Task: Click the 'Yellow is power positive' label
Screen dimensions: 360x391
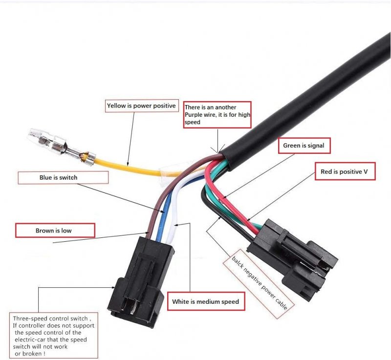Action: tap(141, 106)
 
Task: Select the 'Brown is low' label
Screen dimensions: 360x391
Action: tap(55, 230)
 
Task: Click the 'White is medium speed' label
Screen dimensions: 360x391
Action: tap(205, 301)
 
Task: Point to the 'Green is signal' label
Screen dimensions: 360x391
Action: tap(304, 146)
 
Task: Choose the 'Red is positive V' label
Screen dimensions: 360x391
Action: tap(345, 171)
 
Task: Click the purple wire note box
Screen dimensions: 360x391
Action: tap(217, 114)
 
